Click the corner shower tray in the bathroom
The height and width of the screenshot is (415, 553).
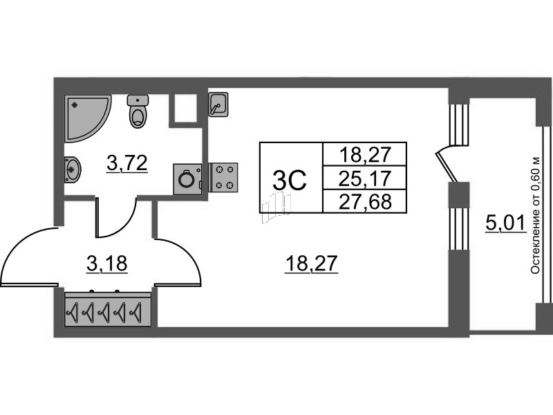pos(84,116)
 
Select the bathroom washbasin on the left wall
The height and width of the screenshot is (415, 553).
pos(73,169)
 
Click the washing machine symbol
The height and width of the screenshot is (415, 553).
pos(187,179)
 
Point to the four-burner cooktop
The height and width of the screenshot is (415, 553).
pos(223,178)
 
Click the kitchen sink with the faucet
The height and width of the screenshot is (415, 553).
pos(218,104)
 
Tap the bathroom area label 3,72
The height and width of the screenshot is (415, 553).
pos(127,163)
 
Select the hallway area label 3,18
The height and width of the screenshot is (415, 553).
pos(107,264)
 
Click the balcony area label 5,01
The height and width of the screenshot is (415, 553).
pos(506,223)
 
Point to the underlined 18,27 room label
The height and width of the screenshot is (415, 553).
pos(312,264)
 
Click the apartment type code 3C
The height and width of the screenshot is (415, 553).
pos(290,180)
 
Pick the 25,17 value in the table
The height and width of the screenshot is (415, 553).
pos(365,178)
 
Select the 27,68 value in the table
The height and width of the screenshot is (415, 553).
pos(365,202)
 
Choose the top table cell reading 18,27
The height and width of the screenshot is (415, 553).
pos(365,154)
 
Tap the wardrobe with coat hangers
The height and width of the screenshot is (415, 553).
pos(108,309)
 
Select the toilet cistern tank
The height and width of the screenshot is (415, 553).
pos(138,100)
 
